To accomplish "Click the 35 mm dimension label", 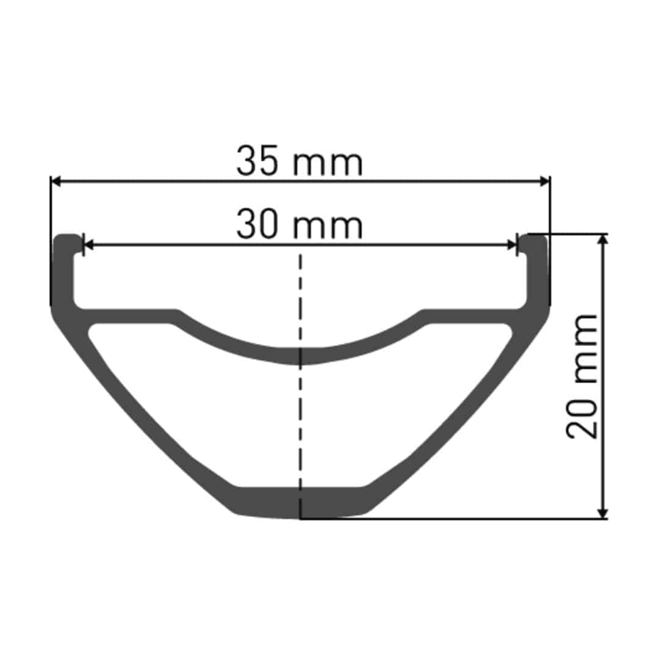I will click(x=300, y=162).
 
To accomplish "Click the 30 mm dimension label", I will click(x=300, y=225).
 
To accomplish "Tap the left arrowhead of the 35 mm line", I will click(x=56, y=181).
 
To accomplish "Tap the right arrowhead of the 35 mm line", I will click(x=545, y=181).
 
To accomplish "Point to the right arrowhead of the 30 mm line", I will click(x=513, y=245).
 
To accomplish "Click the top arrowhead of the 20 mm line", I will click(x=603, y=239).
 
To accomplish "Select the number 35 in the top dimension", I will click(x=258, y=162).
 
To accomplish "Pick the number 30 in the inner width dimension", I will click(x=258, y=225).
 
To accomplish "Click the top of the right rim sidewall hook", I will click(x=534, y=237).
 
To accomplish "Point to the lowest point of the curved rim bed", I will click(x=300, y=356).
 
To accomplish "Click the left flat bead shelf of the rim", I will click(x=128, y=316).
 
